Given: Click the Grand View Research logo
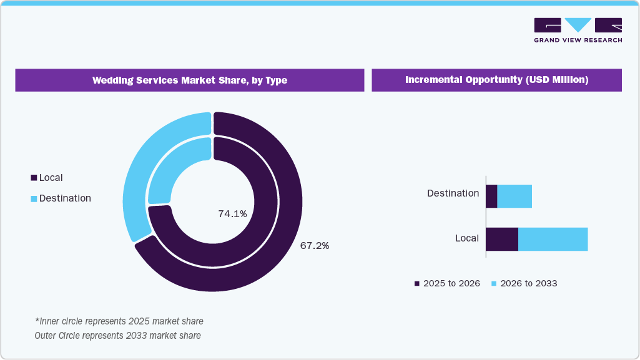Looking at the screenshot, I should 578,30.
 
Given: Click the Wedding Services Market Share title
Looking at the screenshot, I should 190,80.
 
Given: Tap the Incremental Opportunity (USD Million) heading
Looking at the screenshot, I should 496,80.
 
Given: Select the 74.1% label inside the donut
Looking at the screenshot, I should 232,214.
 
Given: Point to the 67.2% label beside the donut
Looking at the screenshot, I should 315,246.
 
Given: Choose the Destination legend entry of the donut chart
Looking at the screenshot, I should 61,198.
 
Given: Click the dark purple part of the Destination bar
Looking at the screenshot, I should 491,197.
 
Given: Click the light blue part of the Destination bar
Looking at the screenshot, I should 514,197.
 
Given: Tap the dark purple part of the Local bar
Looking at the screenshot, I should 502,239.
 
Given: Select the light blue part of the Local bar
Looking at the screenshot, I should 553,239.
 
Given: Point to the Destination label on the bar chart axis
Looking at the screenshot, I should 453,193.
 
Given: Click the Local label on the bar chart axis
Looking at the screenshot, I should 466,238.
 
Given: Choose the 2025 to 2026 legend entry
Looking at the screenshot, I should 447,283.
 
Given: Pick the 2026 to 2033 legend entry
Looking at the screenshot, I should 524,283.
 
